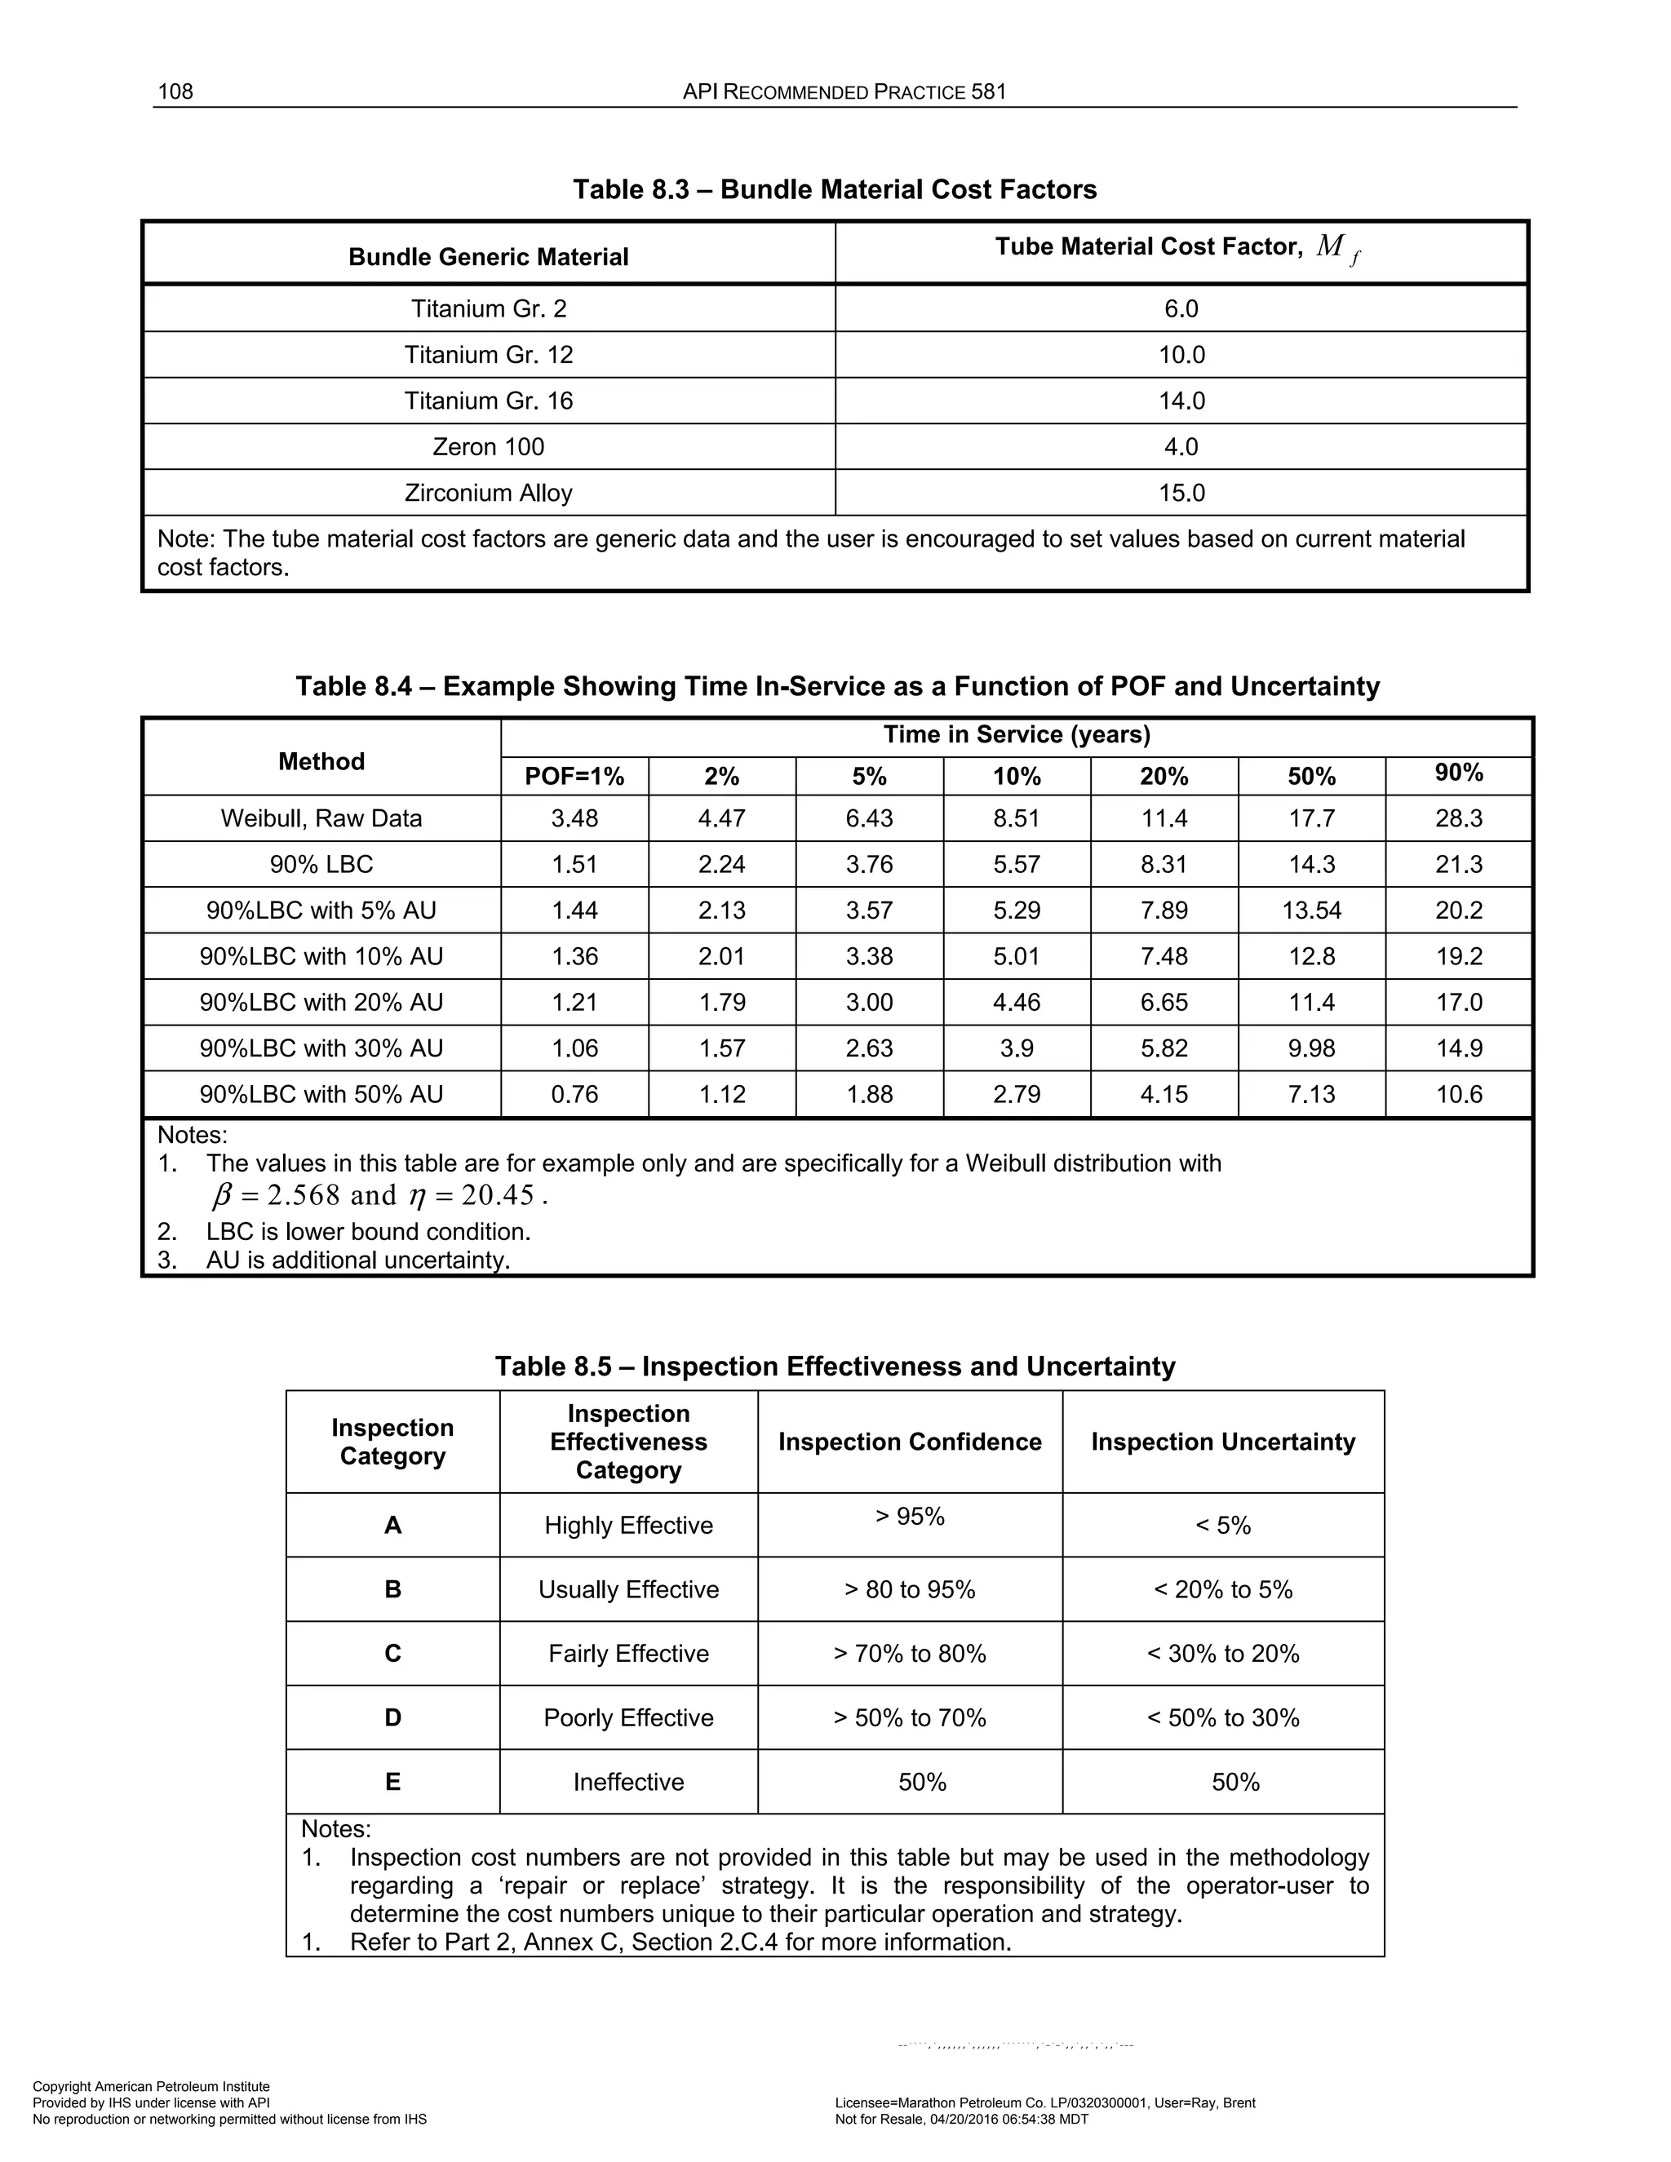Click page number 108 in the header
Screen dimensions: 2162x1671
(175, 92)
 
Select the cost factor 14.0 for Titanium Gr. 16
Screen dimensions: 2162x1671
(1181, 401)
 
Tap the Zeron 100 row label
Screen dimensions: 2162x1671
(488, 446)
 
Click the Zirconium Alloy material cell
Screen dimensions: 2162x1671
(488, 493)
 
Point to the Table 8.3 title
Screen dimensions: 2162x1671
(835, 189)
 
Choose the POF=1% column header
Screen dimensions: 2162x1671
(574, 777)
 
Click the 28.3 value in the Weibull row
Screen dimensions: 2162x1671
(1458, 818)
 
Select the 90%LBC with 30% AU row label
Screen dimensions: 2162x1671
(321, 1048)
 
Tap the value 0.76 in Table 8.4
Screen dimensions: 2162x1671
(574, 1094)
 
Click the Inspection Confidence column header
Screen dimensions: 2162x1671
(909, 1442)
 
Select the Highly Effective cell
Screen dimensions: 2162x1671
(627, 1526)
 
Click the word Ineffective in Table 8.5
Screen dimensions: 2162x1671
(627, 1782)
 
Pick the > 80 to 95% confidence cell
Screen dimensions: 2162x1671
(909, 1590)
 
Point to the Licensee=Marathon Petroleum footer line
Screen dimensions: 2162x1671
(1044, 2102)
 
